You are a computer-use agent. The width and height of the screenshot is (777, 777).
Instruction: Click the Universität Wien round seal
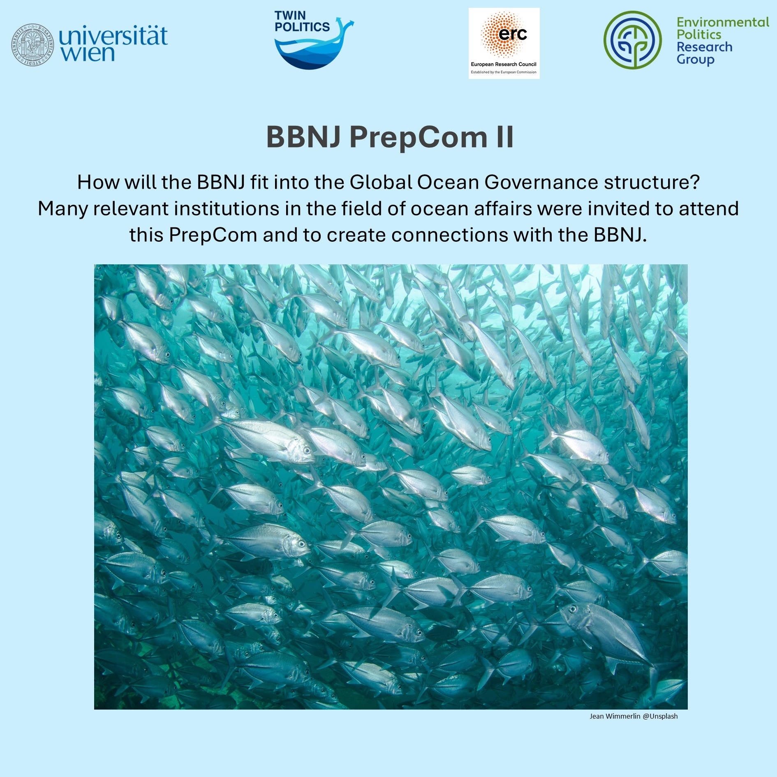point(32,44)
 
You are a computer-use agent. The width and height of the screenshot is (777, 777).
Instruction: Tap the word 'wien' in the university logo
point(87,54)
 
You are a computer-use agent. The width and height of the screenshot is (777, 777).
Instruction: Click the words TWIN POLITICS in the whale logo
point(302,21)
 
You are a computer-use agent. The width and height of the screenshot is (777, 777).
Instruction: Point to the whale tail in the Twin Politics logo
point(345,25)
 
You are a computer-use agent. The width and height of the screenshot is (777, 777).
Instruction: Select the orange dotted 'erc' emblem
point(504,35)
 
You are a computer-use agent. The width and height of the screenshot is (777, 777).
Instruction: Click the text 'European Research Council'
point(504,64)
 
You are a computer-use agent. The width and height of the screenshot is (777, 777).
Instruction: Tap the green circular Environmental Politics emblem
point(633,40)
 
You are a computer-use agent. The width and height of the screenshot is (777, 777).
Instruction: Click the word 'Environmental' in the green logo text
point(723,22)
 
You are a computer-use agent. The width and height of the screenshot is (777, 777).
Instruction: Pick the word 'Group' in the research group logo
point(696,60)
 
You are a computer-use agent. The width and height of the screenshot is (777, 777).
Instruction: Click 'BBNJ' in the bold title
point(303,137)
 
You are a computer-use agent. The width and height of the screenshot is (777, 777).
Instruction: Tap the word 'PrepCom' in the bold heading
point(419,138)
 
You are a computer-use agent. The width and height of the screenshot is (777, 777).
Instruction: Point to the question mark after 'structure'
point(695,182)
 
